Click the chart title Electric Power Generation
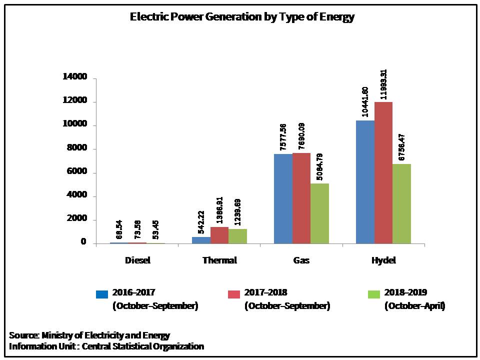click(x=242, y=17)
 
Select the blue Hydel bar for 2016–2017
click(x=365, y=182)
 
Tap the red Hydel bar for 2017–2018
click(x=383, y=172)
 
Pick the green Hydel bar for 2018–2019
click(x=401, y=203)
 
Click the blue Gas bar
click(x=283, y=198)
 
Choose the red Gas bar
click(x=301, y=198)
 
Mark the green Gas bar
click(x=319, y=213)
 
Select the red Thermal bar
click(x=219, y=235)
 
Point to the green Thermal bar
click(x=237, y=236)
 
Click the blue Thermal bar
click(x=201, y=240)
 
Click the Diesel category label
click(x=137, y=260)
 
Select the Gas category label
click(x=301, y=260)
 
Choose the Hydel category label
click(x=383, y=260)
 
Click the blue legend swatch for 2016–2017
click(x=102, y=294)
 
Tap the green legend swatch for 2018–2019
click(x=374, y=294)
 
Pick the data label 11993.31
click(x=384, y=84)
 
